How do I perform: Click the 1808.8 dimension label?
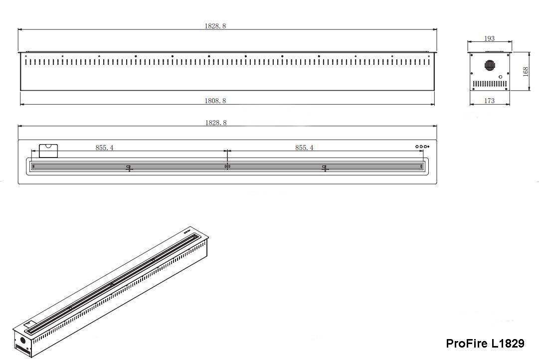pos(215,101)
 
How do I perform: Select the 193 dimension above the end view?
pos(489,38)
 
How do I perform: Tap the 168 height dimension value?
pos(525,71)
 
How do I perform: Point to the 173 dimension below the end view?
pos(489,101)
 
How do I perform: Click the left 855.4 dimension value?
pos(105,148)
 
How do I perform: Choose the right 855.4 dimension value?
pos(304,148)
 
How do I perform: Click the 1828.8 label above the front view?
pos(215,26)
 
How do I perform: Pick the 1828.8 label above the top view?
pos(216,123)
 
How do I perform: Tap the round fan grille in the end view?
pos(490,65)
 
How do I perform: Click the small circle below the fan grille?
pos(501,77)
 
